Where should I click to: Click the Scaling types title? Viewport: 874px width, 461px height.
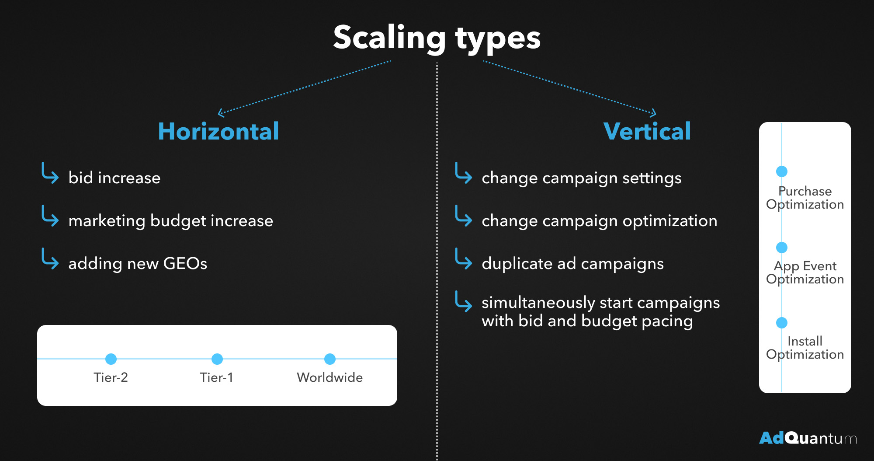437,38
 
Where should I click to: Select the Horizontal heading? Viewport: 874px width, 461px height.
218,131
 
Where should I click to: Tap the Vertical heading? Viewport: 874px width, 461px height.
647,131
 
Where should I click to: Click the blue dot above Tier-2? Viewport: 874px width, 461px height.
111,359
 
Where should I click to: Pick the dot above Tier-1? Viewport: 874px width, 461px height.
217,359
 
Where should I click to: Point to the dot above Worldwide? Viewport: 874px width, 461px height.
330,359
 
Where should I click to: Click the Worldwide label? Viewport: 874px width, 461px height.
330,377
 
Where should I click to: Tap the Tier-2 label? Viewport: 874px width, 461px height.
111,377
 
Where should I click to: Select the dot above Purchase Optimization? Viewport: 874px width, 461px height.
782,171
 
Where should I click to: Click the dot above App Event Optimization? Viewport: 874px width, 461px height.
782,248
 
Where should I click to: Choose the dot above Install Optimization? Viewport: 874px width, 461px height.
782,323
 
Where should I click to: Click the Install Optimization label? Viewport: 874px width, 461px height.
805,348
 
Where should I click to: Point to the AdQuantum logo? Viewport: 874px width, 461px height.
808,438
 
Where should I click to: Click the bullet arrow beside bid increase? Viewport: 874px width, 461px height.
50,174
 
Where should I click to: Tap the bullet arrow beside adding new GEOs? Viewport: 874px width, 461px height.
50,259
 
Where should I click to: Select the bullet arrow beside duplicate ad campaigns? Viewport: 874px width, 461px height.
463,259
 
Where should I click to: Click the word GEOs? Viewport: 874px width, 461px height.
185,263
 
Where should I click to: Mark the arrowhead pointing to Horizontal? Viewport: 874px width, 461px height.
221,113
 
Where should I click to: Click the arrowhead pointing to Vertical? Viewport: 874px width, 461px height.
653,113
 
